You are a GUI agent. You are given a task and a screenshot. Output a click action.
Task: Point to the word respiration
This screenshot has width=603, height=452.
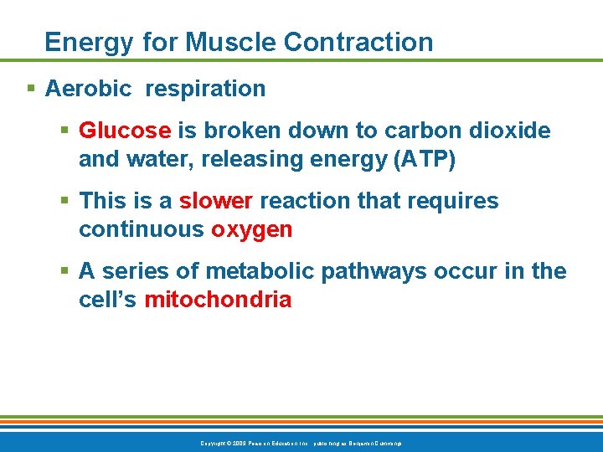[x=205, y=89]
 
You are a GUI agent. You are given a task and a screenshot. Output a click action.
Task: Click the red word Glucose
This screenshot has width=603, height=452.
[x=125, y=131]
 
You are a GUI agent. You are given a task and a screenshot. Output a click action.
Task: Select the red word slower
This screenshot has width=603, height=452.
[x=216, y=201]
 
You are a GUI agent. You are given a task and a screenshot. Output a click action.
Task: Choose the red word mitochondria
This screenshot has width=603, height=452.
[x=218, y=300]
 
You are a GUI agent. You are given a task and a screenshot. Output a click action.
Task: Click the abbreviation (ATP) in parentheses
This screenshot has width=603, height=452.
[x=424, y=159]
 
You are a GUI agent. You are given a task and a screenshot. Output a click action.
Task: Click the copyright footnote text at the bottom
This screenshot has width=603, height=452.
[x=301, y=442]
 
